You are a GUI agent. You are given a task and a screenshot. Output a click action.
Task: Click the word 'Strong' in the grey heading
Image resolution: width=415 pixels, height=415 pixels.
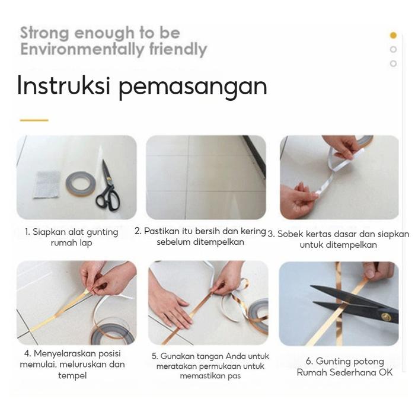44,33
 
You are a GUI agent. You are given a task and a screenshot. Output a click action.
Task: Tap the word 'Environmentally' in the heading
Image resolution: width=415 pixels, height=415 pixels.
82,49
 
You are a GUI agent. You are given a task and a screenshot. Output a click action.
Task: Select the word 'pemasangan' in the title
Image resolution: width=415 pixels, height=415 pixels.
193,87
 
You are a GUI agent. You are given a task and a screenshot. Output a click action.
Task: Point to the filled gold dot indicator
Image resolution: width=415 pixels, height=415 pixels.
393,35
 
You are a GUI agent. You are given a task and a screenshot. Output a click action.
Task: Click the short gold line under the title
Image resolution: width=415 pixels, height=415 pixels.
34,120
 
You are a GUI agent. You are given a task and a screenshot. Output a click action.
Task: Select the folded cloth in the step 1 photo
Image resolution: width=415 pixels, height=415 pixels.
47,184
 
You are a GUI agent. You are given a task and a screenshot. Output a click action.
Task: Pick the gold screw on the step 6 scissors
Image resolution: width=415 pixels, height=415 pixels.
385,317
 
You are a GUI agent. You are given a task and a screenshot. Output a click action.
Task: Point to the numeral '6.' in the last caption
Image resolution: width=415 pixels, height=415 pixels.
309,361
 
